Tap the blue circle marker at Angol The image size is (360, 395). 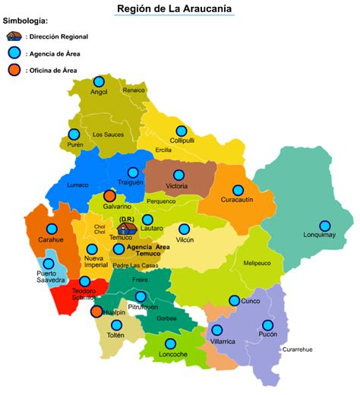(x=99, y=82)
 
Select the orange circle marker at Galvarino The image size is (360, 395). (x=110, y=196)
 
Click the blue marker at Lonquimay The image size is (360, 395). (x=325, y=226)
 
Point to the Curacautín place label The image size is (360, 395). (x=237, y=200)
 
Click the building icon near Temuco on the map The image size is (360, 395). (x=128, y=228)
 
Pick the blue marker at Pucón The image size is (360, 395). (x=268, y=325)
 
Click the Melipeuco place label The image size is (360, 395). (x=257, y=264)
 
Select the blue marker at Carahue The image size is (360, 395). (x=52, y=229)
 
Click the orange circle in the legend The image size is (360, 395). (x=14, y=71)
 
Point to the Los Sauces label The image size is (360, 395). (x=107, y=134)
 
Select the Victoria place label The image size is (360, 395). (x=176, y=186)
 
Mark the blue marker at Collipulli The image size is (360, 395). (x=182, y=131)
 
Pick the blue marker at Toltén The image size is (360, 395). (x=116, y=325)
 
